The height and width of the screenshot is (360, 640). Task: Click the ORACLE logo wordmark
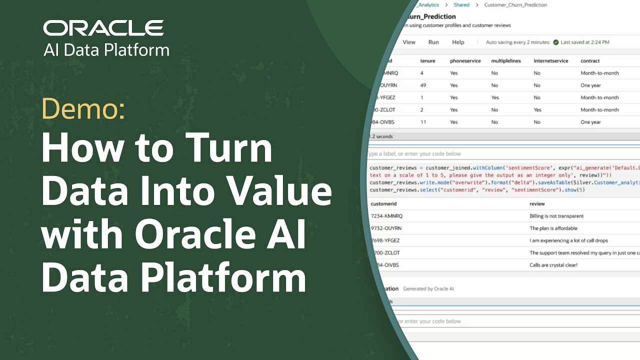pos(103,28)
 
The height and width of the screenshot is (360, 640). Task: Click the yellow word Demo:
pos(83,108)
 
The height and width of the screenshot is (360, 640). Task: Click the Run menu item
pos(433,42)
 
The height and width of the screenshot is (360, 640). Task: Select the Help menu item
pos(458,42)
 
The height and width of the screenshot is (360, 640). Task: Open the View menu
pos(409,42)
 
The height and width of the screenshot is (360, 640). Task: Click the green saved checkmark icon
pos(555,42)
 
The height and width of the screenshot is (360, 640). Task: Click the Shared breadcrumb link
pos(461,5)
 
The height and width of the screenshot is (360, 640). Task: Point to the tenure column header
pos(427,61)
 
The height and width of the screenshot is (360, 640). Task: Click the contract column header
pos(590,61)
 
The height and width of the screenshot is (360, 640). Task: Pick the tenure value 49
pos(423,85)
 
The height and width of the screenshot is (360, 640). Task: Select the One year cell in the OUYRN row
pos(590,85)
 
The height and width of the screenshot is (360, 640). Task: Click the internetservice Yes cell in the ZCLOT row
pos(537,110)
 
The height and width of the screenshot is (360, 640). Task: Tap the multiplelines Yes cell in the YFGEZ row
pos(495,97)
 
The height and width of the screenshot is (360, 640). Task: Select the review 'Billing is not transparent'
pos(556,216)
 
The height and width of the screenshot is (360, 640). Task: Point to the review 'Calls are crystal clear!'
pos(553,265)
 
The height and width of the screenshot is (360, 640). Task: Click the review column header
pos(537,204)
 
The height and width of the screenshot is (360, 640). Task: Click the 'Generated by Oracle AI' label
pos(428,288)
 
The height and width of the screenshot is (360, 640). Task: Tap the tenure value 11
pos(423,122)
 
